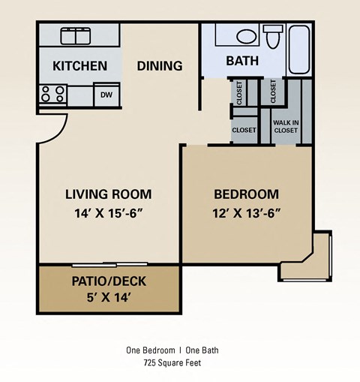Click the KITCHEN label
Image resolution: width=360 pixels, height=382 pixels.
pos(79,66)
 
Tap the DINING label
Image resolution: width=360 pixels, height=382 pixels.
pos(160,66)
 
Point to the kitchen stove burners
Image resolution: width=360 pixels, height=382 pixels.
pos(53,94)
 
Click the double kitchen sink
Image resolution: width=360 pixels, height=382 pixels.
pos(75,36)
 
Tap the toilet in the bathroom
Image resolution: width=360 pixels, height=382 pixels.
pos(272,35)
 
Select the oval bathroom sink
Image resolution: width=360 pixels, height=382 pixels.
pos(246,36)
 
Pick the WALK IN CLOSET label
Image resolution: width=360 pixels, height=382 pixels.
pos(285,125)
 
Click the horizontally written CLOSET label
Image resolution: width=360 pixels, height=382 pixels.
pos(244,130)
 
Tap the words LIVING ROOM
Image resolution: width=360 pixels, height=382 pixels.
pos(108,194)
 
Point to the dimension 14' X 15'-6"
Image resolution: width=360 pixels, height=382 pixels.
pos(108,212)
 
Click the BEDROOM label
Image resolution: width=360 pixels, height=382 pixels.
pos(246,194)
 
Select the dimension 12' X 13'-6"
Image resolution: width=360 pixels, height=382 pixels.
pos(246,212)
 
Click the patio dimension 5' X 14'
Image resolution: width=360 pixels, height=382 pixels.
pos(109,298)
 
